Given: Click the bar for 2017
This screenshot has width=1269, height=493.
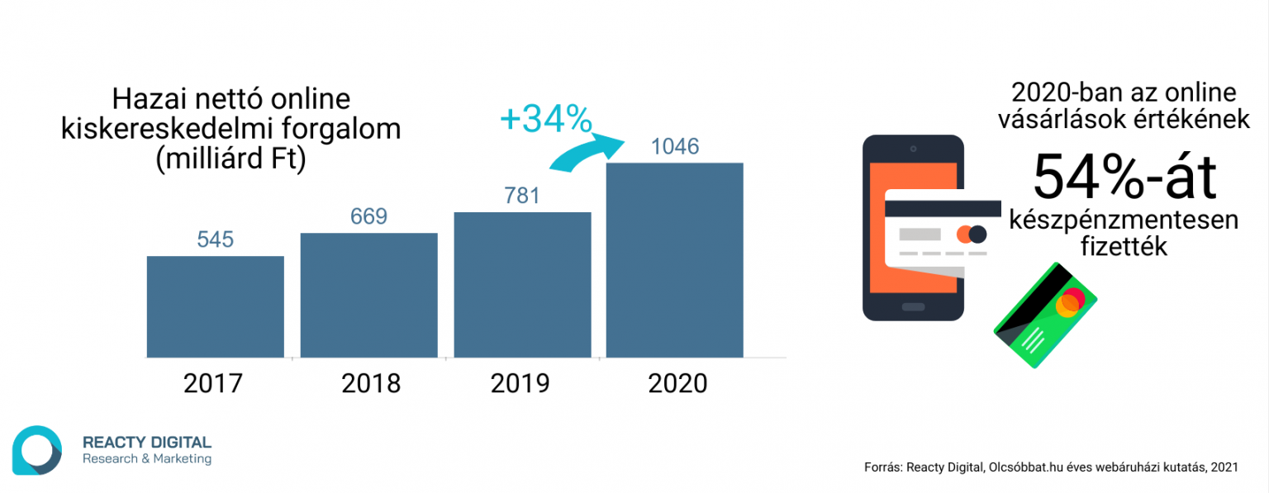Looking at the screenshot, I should pyautogui.click(x=216, y=306).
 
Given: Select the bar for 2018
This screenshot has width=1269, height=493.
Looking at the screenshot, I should pyautogui.click(x=368, y=295).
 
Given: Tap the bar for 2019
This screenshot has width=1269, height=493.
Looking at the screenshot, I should pyautogui.click(x=522, y=285).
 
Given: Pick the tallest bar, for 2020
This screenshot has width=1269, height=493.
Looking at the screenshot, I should pyautogui.click(x=674, y=260).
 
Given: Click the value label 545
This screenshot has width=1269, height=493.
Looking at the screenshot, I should pyautogui.click(x=216, y=239).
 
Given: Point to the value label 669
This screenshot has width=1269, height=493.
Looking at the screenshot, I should pyautogui.click(x=368, y=216).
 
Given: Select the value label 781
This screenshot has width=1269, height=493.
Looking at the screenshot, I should pyautogui.click(x=522, y=196).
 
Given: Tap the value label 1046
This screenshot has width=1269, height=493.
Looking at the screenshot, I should pyautogui.click(x=675, y=147).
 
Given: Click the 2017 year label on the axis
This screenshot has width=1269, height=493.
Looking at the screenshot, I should pyautogui.click(x=213, y=384).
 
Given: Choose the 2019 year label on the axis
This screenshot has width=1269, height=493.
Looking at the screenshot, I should pyautogui.click(x=520, y=384).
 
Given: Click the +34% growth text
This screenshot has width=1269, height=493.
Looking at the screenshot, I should pyautogui.click(x=545, y=121).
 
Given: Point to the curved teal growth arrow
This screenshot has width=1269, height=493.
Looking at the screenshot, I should pyautogui.click(x=578, y=154).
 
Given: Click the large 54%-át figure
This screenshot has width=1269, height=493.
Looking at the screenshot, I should pyautogui.click(x=1124, y=176).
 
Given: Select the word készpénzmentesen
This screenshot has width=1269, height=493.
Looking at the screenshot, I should pyautogui.click(x=1124, y=220).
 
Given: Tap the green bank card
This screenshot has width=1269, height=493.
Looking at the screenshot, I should pyautogui.click(x=1045, y=315).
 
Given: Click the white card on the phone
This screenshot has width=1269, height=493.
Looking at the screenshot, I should pyautogui.click(x=942, y=228).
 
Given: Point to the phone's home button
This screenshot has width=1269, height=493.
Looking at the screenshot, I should pyautogui.click(x=913, y=307).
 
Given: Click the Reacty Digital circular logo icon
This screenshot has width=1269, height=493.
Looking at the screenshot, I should pyautogui.click(x=36, y=450).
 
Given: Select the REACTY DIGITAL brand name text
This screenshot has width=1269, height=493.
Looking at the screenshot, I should pyautogui.click(x=147, y=443).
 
